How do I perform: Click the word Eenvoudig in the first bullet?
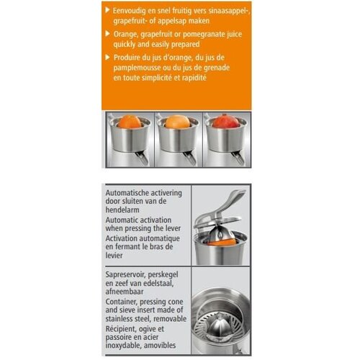tap(133, 11)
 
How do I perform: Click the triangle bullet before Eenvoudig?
tap(108, 11)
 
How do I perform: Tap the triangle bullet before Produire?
tap(108, 57)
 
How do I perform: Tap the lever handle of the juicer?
tap(235, 197)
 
